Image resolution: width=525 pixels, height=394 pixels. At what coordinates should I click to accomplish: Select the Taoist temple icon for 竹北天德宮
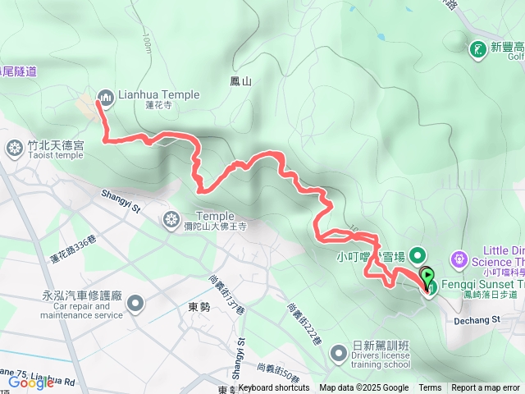coord(14,148)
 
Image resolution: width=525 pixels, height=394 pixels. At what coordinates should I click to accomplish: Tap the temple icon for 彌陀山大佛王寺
coord(171,218)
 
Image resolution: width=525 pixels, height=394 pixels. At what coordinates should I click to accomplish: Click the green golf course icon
coord(477,50)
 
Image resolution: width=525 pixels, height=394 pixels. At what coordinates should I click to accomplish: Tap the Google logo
coord(31,382)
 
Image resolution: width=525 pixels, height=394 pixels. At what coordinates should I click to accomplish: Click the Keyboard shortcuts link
coord(274,388)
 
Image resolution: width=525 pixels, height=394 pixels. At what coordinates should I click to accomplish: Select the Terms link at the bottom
coord(430,388)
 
